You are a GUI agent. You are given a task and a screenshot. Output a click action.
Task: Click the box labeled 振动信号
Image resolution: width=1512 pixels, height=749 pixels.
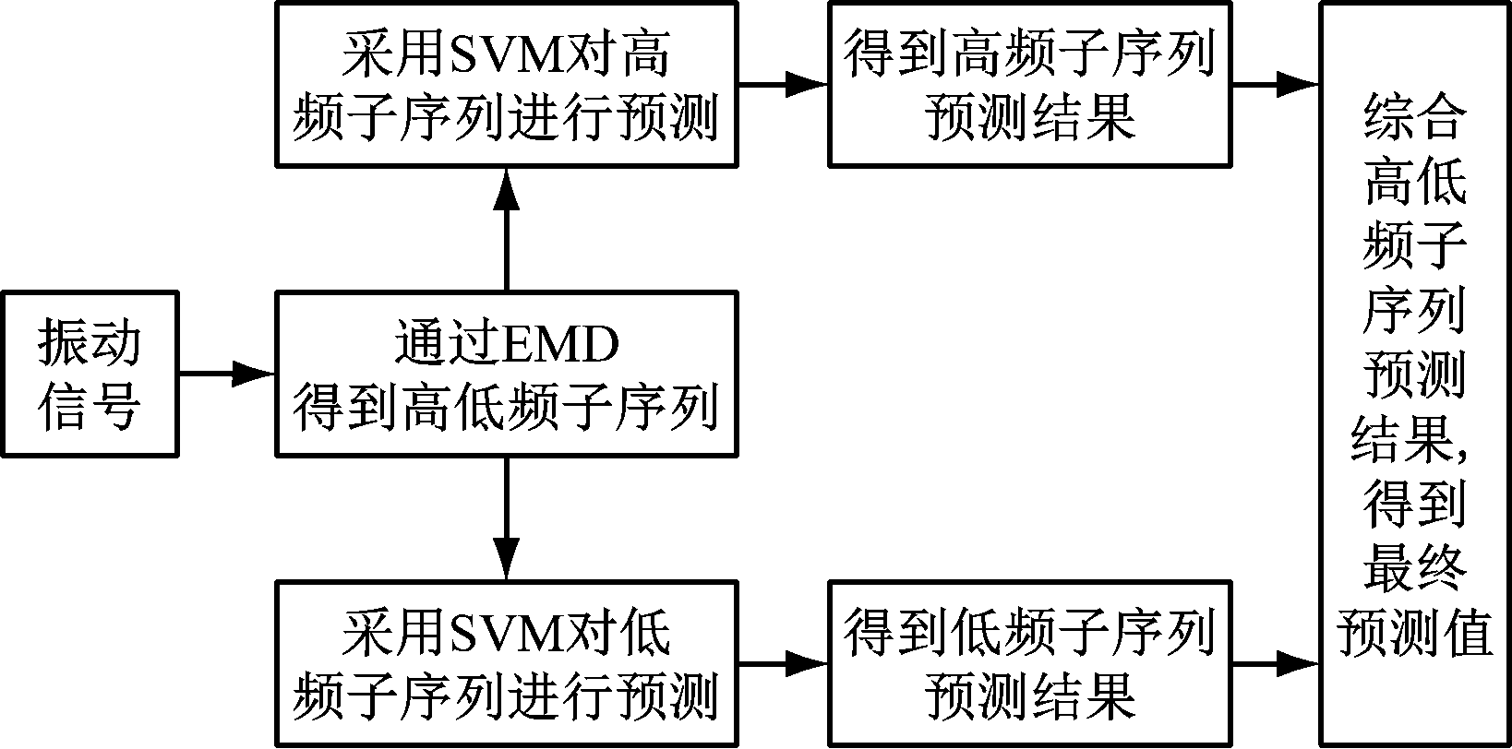click(x=89, y=374)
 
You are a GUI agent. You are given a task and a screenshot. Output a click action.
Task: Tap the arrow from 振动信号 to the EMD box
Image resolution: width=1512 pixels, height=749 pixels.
click(x=226, y=374)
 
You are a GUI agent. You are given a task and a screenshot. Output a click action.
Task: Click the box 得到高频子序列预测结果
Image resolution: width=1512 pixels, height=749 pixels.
click(x=1030, y=85)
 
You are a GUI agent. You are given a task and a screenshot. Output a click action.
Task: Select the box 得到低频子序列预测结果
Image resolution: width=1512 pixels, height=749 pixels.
click(x=1030, y=663)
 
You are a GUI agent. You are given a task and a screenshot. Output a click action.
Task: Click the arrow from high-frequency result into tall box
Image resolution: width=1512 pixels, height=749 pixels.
click(x=1276, y=85)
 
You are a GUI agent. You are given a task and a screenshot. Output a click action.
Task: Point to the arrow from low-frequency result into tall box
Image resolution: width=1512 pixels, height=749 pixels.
click(x=1276, y=663)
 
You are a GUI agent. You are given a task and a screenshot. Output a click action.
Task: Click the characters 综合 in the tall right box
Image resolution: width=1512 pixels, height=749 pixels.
click(x=1414, y=118)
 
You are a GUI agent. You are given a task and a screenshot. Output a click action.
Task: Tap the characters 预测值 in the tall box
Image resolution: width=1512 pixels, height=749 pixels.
click(x=1414, y=633)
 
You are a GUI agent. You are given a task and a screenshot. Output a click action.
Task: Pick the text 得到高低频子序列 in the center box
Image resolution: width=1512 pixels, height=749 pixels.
click(x=507, y=407)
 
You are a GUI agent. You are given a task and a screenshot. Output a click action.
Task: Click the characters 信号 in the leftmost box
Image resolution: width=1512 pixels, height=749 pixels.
click(x=89, y=407)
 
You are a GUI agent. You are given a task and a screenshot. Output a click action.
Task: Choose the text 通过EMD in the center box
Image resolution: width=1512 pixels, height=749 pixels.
click(x=507, y=346)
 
